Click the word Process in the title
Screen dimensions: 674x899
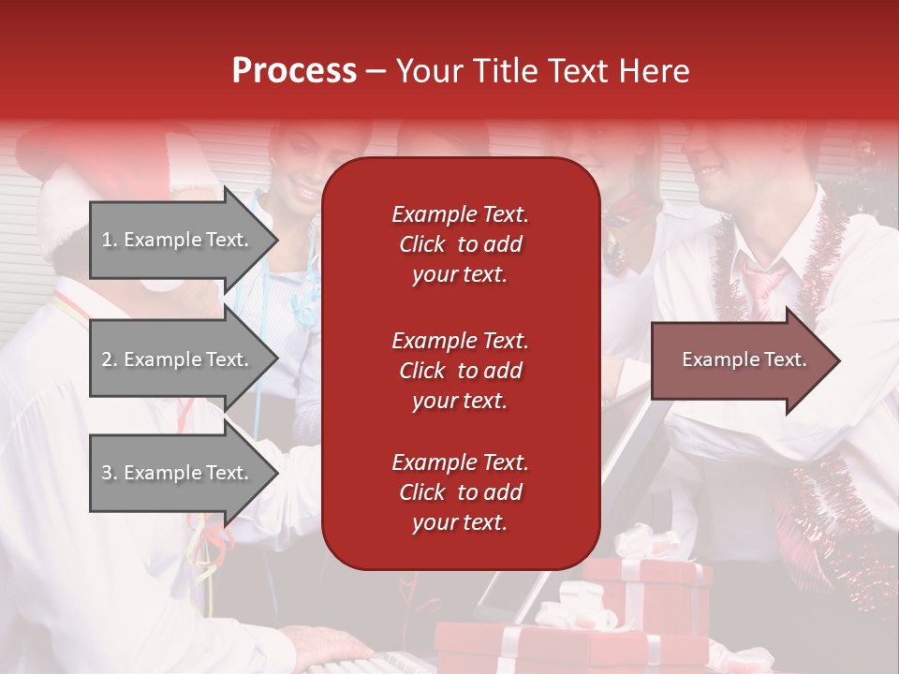pyautogui.click(x=294, y=71)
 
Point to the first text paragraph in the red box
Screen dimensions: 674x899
pyautogui.click(x=460, y=244)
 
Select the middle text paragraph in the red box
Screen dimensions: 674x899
pyautogui.click(x=460, y=371)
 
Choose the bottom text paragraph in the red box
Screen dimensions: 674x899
pyautogui.click(x=460, y=492)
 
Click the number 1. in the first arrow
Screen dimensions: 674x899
pyautogui.click(x=110, y=240)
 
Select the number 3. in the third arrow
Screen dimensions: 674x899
pyautogui.click(x=110, y=473)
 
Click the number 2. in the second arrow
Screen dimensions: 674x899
pyautogui.click(x=110, y=359)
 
